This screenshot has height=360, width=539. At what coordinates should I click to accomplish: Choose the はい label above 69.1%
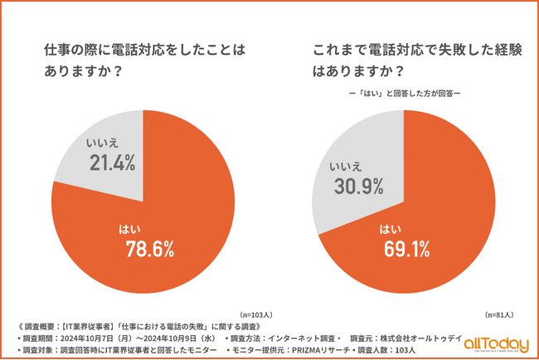pos(388,228)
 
